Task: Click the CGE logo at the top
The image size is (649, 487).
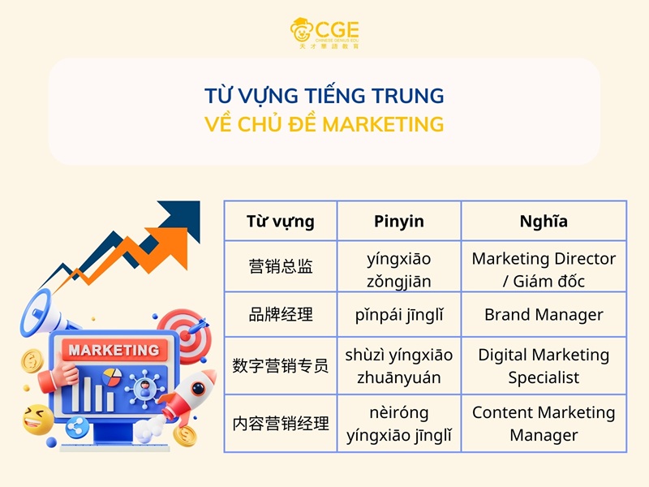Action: (x=324, y=32)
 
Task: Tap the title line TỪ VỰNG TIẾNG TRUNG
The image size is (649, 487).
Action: (x=324, y=96)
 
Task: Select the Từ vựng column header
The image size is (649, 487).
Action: (x=281, y=221)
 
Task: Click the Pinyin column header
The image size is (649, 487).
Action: (x=399, y=221)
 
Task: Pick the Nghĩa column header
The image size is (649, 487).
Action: (x=544, y=221)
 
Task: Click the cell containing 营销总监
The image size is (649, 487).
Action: (x=281, y=266)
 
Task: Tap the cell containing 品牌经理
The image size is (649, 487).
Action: (x=281, y=315)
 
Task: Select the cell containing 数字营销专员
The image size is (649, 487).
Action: (x=281, y=366)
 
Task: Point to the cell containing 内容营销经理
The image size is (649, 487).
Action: (x=281, y=424)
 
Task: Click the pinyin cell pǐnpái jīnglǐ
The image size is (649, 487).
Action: (x=399, y=315)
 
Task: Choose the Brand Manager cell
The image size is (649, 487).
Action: (x=544, y=315)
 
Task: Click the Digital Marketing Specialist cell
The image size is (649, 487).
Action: (x=544, y=366)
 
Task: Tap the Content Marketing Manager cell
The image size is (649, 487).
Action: (x=544, y=424)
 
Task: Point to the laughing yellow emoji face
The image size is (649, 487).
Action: (x=37, y=419)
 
